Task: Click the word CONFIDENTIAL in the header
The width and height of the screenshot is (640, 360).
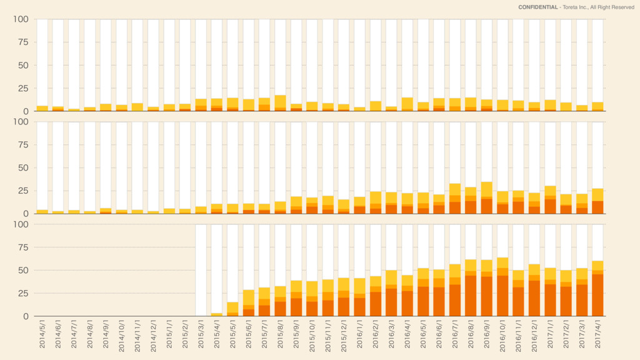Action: [x=538, y=7]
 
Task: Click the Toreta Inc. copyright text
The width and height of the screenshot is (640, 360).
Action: [x=598, y=7]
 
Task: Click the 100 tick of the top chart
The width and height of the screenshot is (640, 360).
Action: [x=21, y=19]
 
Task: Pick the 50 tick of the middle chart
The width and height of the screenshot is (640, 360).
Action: [x=23, y=167]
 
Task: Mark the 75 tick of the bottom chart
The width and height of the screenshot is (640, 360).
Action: [x=23, y=247]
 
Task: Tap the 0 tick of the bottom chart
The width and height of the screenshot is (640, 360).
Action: [x=26, y=316]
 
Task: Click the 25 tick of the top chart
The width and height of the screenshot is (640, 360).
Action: [x=23, y=88]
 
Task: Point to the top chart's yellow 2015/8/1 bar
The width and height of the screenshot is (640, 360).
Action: [x=281, y=101]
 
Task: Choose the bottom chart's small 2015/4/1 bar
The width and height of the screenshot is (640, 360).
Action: [x=217, y=314]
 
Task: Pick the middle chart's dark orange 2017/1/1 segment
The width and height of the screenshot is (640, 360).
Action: [x=551, y=206]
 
